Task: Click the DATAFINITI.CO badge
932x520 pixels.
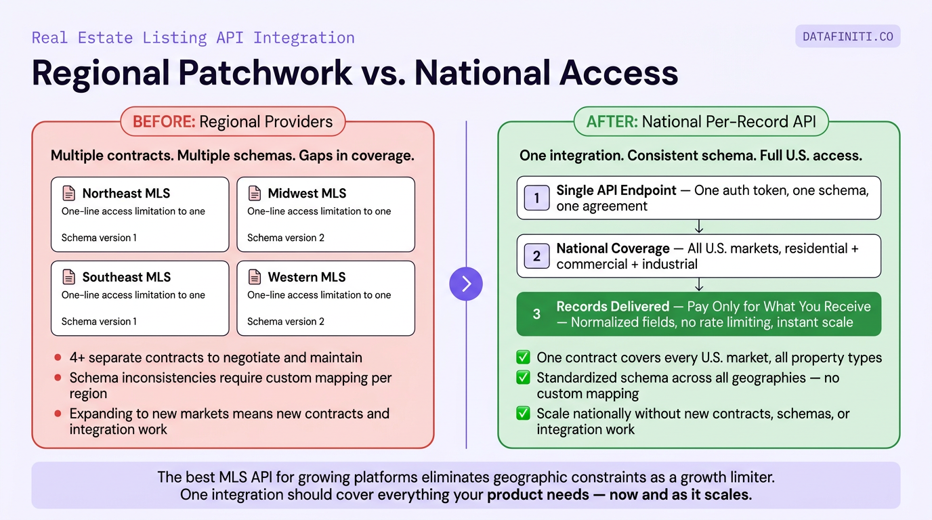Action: coord(847,37)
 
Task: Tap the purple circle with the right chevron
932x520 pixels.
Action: coord(466,284)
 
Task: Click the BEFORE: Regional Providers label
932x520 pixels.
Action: coord(232,122)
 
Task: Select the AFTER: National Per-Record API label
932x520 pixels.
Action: coord(700,122)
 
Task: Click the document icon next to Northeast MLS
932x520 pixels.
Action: coord(69,194)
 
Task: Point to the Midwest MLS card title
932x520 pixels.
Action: coord(307,194)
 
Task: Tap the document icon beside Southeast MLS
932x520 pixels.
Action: coord(69,277)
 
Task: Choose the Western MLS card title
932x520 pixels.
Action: coord(306,277)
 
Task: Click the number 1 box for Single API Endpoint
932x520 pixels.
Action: coord(536,198)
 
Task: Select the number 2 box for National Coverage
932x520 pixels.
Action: coord(536,256)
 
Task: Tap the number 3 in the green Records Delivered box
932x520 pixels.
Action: coord(536,314)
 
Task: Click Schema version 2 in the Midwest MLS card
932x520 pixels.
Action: coord(285,238)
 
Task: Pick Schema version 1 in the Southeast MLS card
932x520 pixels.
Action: coord(99,322)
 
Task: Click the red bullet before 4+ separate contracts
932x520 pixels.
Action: coord(58,357)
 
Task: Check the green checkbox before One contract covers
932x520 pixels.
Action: coord(523,357)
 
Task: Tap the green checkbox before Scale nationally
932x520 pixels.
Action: coord(523,414)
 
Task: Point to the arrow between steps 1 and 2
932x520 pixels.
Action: coord(699,227)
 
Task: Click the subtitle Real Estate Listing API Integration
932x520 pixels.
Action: coord(193,37)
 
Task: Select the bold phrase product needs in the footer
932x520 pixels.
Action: coord(538,495)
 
